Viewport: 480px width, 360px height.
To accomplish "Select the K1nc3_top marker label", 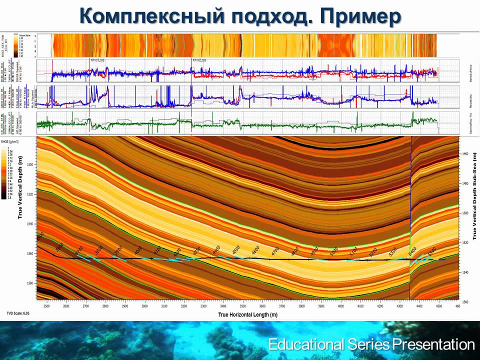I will coord(97,60).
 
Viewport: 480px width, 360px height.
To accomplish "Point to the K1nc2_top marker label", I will coord(199,60).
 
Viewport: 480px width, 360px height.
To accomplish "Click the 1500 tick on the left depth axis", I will coord(30,164).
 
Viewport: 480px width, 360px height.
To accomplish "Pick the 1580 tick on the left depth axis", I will coord(30,283).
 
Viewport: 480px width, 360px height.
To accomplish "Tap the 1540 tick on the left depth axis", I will coord(30,224).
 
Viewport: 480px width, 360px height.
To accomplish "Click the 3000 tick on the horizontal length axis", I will coord(144,305).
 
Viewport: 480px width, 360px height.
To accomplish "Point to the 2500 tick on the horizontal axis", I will coord(46,305).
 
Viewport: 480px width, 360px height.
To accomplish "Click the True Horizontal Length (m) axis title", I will coord(247,315).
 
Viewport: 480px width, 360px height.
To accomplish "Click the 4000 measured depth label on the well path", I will coord(137,249).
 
